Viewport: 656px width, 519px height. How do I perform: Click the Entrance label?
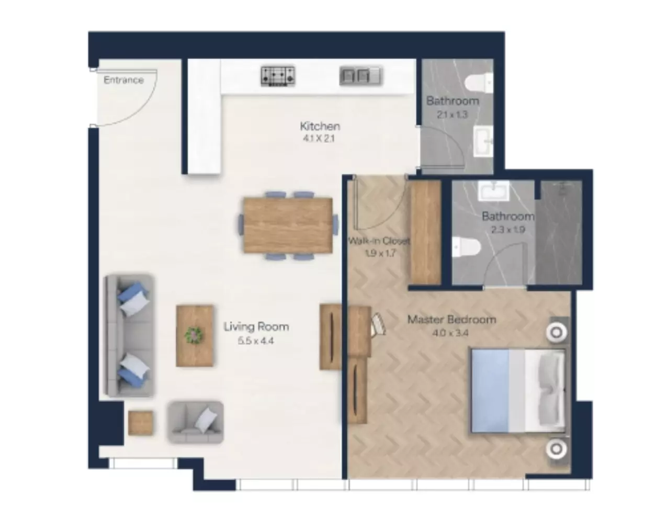[x=123, y=80]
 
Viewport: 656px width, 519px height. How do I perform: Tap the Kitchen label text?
[x=320, y=126]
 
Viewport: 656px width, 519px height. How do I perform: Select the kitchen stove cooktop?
[x=278, y=76]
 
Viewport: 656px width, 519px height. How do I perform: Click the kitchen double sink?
[x=360, y=75]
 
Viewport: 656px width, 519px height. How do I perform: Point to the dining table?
[x=288, y=225]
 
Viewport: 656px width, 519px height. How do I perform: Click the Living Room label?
[x=256, y=326]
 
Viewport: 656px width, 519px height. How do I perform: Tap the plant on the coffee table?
[x=194, y=335]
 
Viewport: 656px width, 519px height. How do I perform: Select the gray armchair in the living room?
[x=196, y=422]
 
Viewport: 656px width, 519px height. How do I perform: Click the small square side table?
[x=140, y=423]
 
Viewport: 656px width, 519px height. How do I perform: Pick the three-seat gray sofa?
[x=129, y=335]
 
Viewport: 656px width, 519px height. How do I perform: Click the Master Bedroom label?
[x=452, y=320]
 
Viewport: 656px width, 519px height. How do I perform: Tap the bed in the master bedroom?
[x=518, y=390]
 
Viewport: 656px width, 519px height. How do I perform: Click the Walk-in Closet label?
[x=379, y=241]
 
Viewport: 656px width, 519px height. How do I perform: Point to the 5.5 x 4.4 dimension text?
[x=256, y=341]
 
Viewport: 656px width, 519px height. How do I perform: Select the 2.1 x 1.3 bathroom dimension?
[x=453, y=115]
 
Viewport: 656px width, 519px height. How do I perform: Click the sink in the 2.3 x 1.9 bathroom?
[x=493, y=191]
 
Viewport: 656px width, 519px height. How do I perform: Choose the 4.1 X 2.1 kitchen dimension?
[x=319, y=139]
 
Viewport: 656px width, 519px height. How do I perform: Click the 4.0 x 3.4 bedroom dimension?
[x=450, y=333]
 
